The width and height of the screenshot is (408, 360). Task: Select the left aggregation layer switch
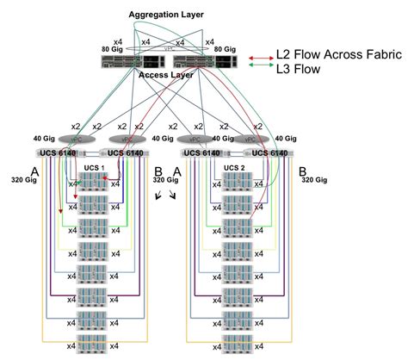[x=134, y=52]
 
